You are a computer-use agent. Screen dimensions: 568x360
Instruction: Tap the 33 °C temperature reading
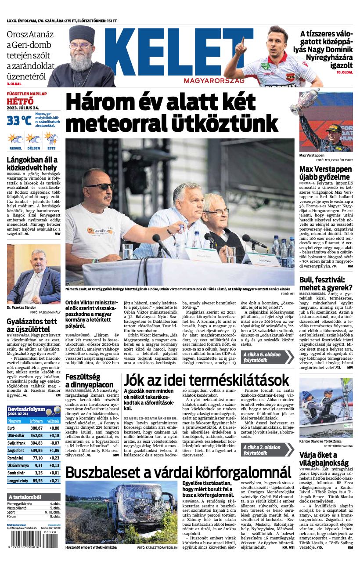pos(18,120)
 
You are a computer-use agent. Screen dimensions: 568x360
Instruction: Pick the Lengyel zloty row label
pos(18,481)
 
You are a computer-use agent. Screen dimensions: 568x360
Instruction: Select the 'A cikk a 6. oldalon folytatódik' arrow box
pos(267,357)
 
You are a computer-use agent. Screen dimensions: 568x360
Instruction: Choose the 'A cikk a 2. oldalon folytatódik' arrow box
pos(267,450)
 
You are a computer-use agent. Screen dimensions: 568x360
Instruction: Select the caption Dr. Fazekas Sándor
pos(22,308)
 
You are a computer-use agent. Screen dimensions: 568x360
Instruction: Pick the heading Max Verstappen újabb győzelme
pos(325,173)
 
